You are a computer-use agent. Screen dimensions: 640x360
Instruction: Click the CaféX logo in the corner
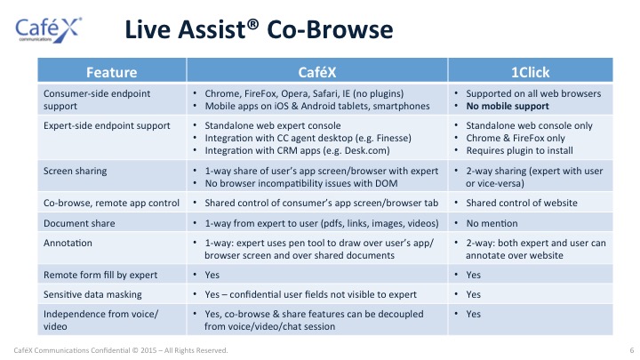tap(48, 30)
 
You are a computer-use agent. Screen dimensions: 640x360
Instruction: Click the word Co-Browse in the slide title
tap(330, 29)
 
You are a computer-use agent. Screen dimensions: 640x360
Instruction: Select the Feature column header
tap(111, 72)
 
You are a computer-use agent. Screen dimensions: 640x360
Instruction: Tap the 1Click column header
tap(530, 72)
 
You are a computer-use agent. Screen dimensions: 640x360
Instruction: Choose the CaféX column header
tap(317, 72)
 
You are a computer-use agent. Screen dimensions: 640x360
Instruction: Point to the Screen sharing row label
tap(75, 171)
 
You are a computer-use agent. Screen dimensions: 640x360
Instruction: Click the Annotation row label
tap(68, 243)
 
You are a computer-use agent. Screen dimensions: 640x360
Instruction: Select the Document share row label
tap(79, 223)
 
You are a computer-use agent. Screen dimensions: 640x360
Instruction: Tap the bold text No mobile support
tap(508, 106)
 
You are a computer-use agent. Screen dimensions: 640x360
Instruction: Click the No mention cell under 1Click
tap(492, 223)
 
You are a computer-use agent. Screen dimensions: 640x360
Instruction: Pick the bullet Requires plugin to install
tap(519, 150)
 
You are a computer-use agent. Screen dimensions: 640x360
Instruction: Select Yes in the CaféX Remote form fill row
tap(212, 275)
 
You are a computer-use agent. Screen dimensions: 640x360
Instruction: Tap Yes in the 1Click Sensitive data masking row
tap(473, 295)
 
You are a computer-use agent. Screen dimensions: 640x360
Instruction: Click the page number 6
tap(632, 350)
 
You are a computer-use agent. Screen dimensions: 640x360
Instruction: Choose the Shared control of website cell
tap(522, 203)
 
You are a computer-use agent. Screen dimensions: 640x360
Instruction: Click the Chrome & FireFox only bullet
tap(516, 138)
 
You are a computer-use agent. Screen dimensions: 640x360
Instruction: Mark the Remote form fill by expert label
tap(100, 275)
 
